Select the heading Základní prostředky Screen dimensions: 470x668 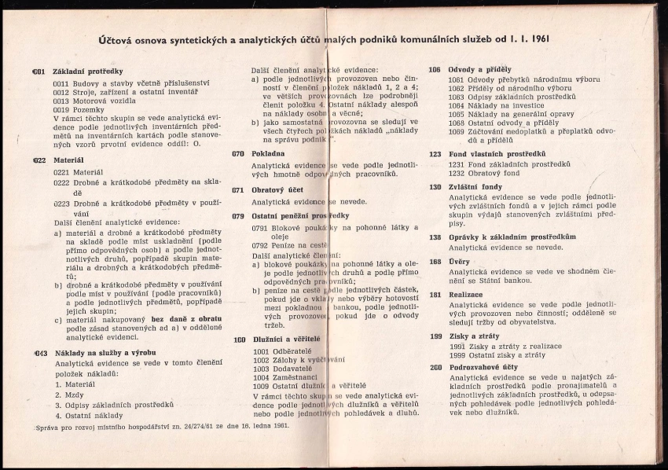click(87, 72)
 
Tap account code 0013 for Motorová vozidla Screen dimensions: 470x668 click(61, 101)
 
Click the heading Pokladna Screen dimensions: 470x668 click(270, 154)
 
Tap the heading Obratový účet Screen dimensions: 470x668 click(277, 190)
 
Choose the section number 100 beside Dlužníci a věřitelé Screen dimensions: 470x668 click(240, 340)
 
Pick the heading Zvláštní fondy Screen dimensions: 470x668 click(475, 187)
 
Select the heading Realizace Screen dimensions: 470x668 click(466, 294)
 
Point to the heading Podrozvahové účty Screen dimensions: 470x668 click(483, 367)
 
